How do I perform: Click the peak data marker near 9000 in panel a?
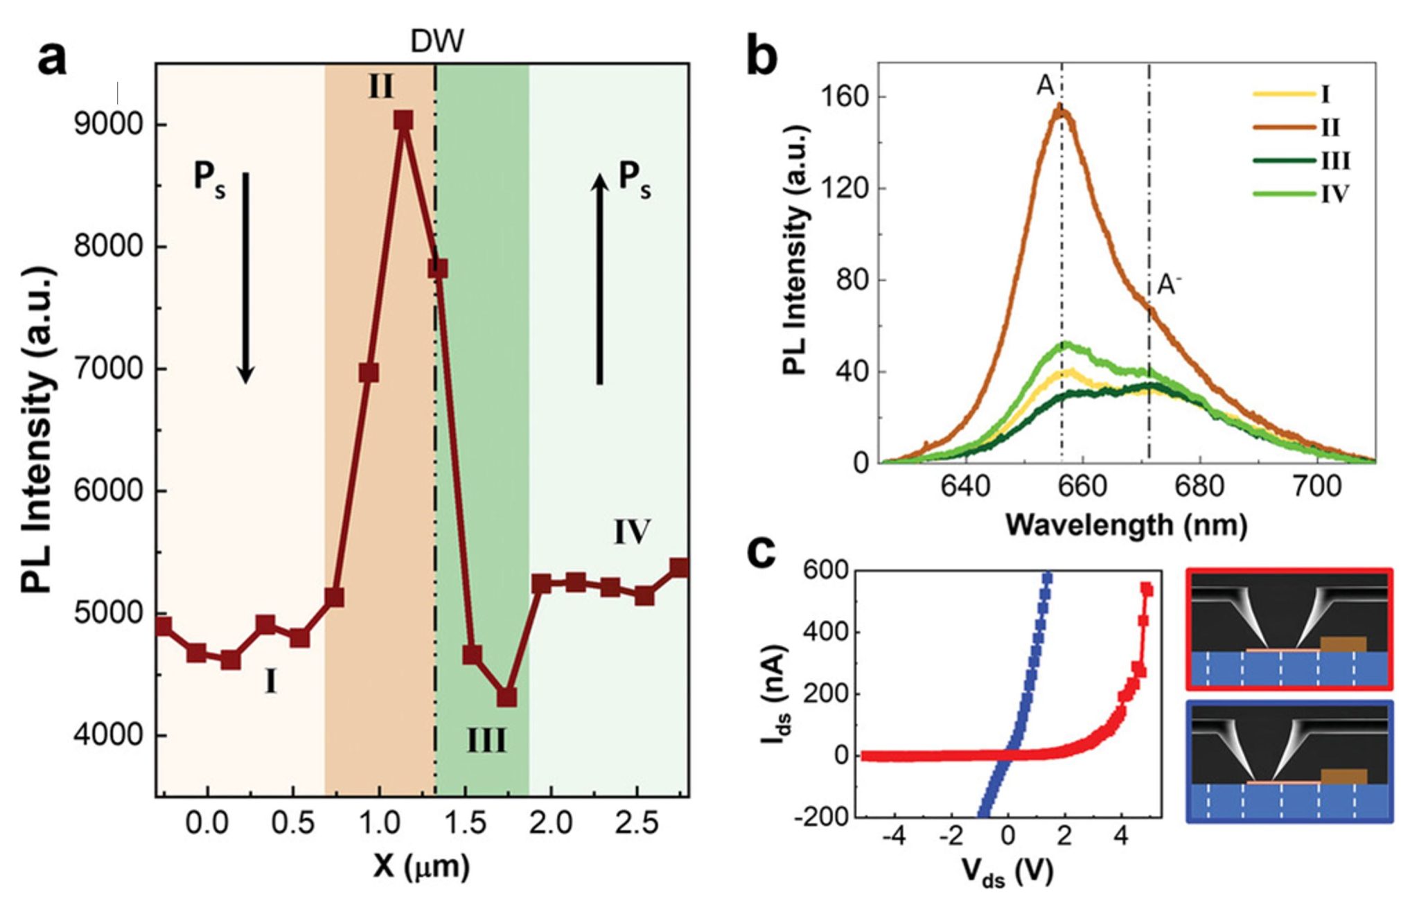(403, 121)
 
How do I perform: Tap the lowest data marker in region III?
(507, 696)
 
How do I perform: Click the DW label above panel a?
(437, 42)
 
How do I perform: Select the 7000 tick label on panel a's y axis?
(107, 369)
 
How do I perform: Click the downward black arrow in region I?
(245, 277)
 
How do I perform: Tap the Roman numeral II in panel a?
(381, 88)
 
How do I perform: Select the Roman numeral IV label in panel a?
(631, 532)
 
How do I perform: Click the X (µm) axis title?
(421, 865)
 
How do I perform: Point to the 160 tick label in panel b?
(844, 96)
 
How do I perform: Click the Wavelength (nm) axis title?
(1126, 525)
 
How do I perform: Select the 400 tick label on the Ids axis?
(825, 632)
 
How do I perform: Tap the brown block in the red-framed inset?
(1343, 644)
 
